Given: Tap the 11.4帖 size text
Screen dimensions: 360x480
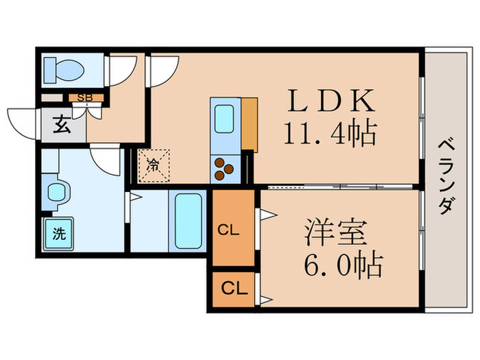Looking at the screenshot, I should tap(330, 132).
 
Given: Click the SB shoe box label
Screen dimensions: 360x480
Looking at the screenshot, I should tap(85, 97).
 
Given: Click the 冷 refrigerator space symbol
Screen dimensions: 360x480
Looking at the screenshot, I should tap(153, 165).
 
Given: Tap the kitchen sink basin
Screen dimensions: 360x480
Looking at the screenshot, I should tap(224, 119).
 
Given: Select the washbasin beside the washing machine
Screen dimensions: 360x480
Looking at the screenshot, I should tap(55, 193).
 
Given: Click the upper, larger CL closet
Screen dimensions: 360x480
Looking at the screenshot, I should tap(232, 230).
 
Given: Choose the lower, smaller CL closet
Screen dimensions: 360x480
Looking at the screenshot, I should tap(232, 289).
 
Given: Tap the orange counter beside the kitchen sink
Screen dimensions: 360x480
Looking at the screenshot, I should tap(249, 124).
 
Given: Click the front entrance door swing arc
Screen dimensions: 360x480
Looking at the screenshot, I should tap(19, 121).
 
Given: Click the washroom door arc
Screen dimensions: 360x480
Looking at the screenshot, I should tap(108, 160).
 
